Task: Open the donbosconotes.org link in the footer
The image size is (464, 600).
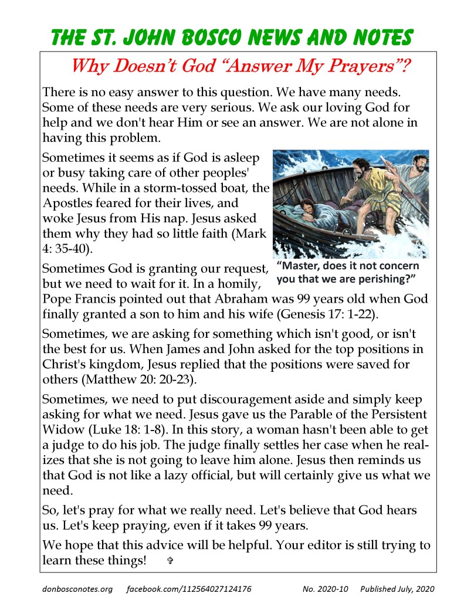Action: coord(76,588)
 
